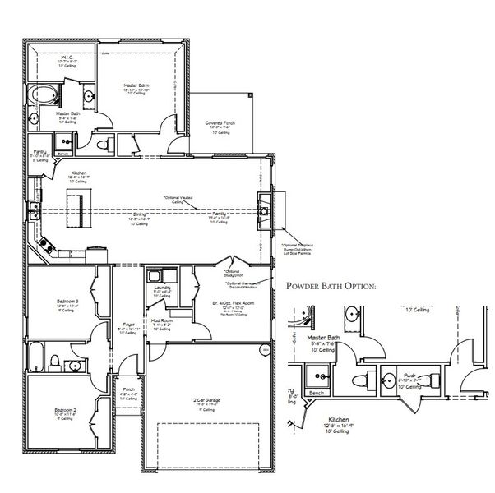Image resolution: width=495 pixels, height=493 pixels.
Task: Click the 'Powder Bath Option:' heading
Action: (331, 287)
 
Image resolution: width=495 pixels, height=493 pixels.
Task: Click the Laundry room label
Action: (162, 287)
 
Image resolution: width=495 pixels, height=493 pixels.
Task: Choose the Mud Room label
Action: (162, 321)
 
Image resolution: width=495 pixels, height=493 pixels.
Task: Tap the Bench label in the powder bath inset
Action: (316, 394)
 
